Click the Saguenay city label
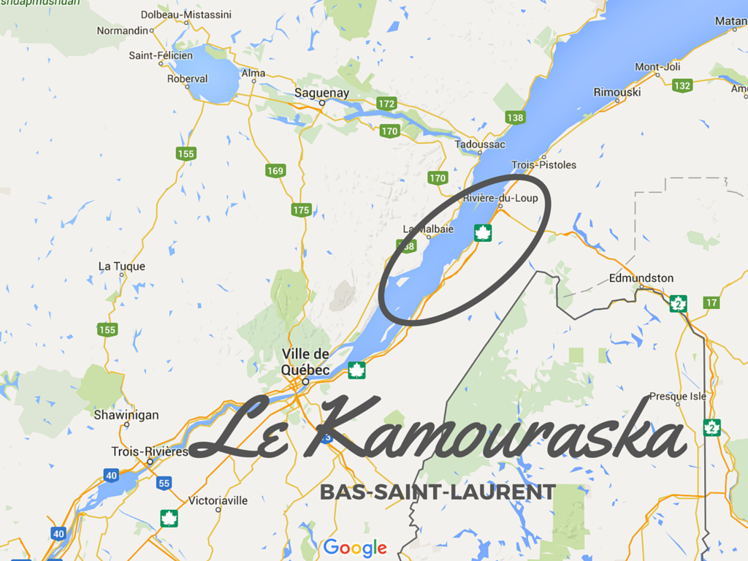[321, 93]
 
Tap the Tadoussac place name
[480, 145]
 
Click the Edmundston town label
[641, 278]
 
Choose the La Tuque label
[122, 267]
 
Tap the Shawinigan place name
[126, 415]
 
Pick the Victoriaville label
[218, 500]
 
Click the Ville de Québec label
[305, 362]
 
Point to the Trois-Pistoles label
[543, 165]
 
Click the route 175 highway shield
[301, 210]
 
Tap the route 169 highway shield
[275, 171]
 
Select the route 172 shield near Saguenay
[386, 104]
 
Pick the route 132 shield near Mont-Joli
[682, 85]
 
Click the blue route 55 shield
[164, 484]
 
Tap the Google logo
[355, 547]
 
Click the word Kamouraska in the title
[503, 435]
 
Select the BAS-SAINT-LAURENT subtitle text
[438, 492]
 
